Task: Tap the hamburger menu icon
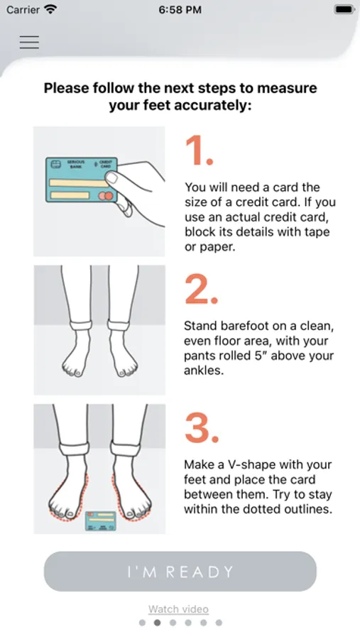[x=29, y=42]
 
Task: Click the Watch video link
[x=178, y=609]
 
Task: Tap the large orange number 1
[x=199, y=151]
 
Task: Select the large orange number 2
[x=201, y=289]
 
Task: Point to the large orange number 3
[x=202, y=428]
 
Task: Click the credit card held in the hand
[x=82, y=180]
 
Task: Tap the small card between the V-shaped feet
[x=100, y=521]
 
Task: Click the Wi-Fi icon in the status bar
[x=50, y=9]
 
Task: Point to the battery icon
[x=344, y=10]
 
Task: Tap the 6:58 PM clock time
[x=180, y=10]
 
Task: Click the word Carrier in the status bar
[x=23, y=10]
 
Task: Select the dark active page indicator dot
[x=158, y=623]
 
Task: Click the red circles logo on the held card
[x=105, y=196]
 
